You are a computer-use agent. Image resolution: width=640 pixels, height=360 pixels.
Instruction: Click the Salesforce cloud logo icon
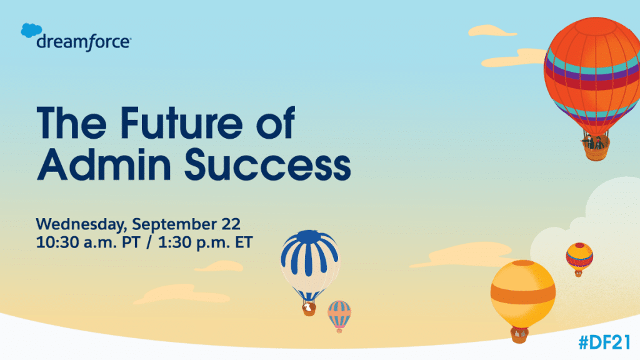[31, 31]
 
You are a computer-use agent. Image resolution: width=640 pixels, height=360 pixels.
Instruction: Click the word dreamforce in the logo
[83, 42]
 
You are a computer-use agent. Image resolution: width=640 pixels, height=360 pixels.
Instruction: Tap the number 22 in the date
[227, 222]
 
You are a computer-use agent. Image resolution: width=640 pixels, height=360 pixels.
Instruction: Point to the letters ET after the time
[242, 242]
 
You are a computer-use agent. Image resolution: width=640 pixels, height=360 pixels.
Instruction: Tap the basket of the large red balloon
[594, 145]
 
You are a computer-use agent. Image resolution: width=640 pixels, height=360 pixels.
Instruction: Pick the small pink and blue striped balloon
[339, 314]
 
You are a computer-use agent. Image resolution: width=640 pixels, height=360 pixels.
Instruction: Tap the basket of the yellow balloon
[517, 336]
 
